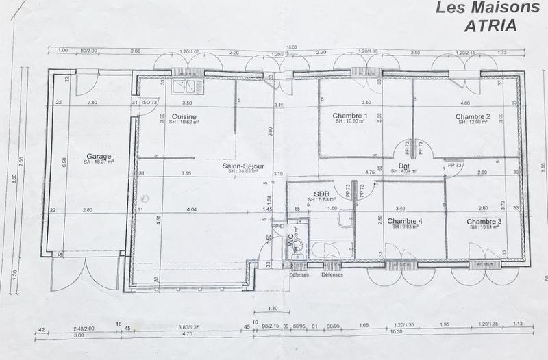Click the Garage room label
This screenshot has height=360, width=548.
coord(99,156)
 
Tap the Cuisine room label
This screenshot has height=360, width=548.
coord(184,116)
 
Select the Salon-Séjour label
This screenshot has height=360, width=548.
coord(240,166)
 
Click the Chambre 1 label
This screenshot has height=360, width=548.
coord(351,116)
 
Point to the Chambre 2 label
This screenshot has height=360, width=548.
coord(473,116)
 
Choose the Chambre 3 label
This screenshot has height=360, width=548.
coord(484,221)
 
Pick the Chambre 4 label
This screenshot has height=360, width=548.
coord(404,221)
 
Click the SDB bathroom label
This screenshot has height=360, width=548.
coord(323,194)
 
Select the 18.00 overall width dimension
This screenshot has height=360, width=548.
coord(291,46)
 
